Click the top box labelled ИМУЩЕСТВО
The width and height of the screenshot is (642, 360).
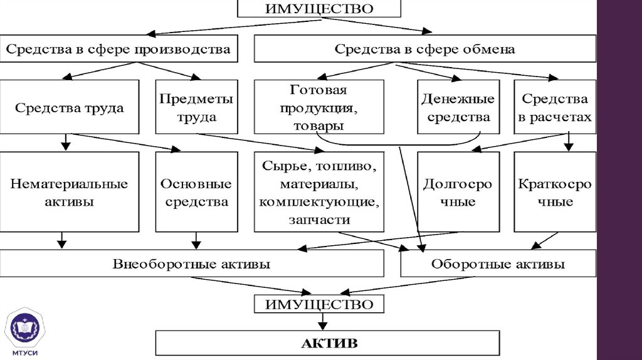pyautogui.click(x=319, y=9)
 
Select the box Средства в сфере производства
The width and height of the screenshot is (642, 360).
pyautogui.click(x=118, y=49)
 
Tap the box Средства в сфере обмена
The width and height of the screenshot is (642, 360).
pyautogui.click(x=424, y=49)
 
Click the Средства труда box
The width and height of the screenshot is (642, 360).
pyautogui.click(x=70, y=107)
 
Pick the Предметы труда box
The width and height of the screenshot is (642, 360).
pyautogui.click(x=196, y=107)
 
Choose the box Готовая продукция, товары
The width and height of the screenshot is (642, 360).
pyautogui.click(x=318, y=107)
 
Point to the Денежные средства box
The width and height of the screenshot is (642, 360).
pyautogui.click(x=458, y=107)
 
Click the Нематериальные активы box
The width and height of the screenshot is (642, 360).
pyautogui.click(x=70, y=193)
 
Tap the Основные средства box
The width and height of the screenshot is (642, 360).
pyautogui.click(x=196, y=193)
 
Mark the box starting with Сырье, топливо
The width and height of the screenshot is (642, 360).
pyautogui.click(x=318, y=193)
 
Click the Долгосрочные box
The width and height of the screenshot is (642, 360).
pyautogui.click(x=458, y=193)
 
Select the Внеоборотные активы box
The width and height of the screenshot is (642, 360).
pyautogui.click(x=192, y=264)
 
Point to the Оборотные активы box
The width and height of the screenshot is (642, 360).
pyautogui.click(x=498, y=264)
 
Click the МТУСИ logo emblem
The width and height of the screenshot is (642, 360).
pyautogui.click(x=25, y=329)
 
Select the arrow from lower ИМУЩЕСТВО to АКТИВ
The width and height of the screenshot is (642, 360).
pyautogui.click(x=322, y=322)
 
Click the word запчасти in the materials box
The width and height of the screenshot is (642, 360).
pyautogui.click(x=319, y=220)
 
